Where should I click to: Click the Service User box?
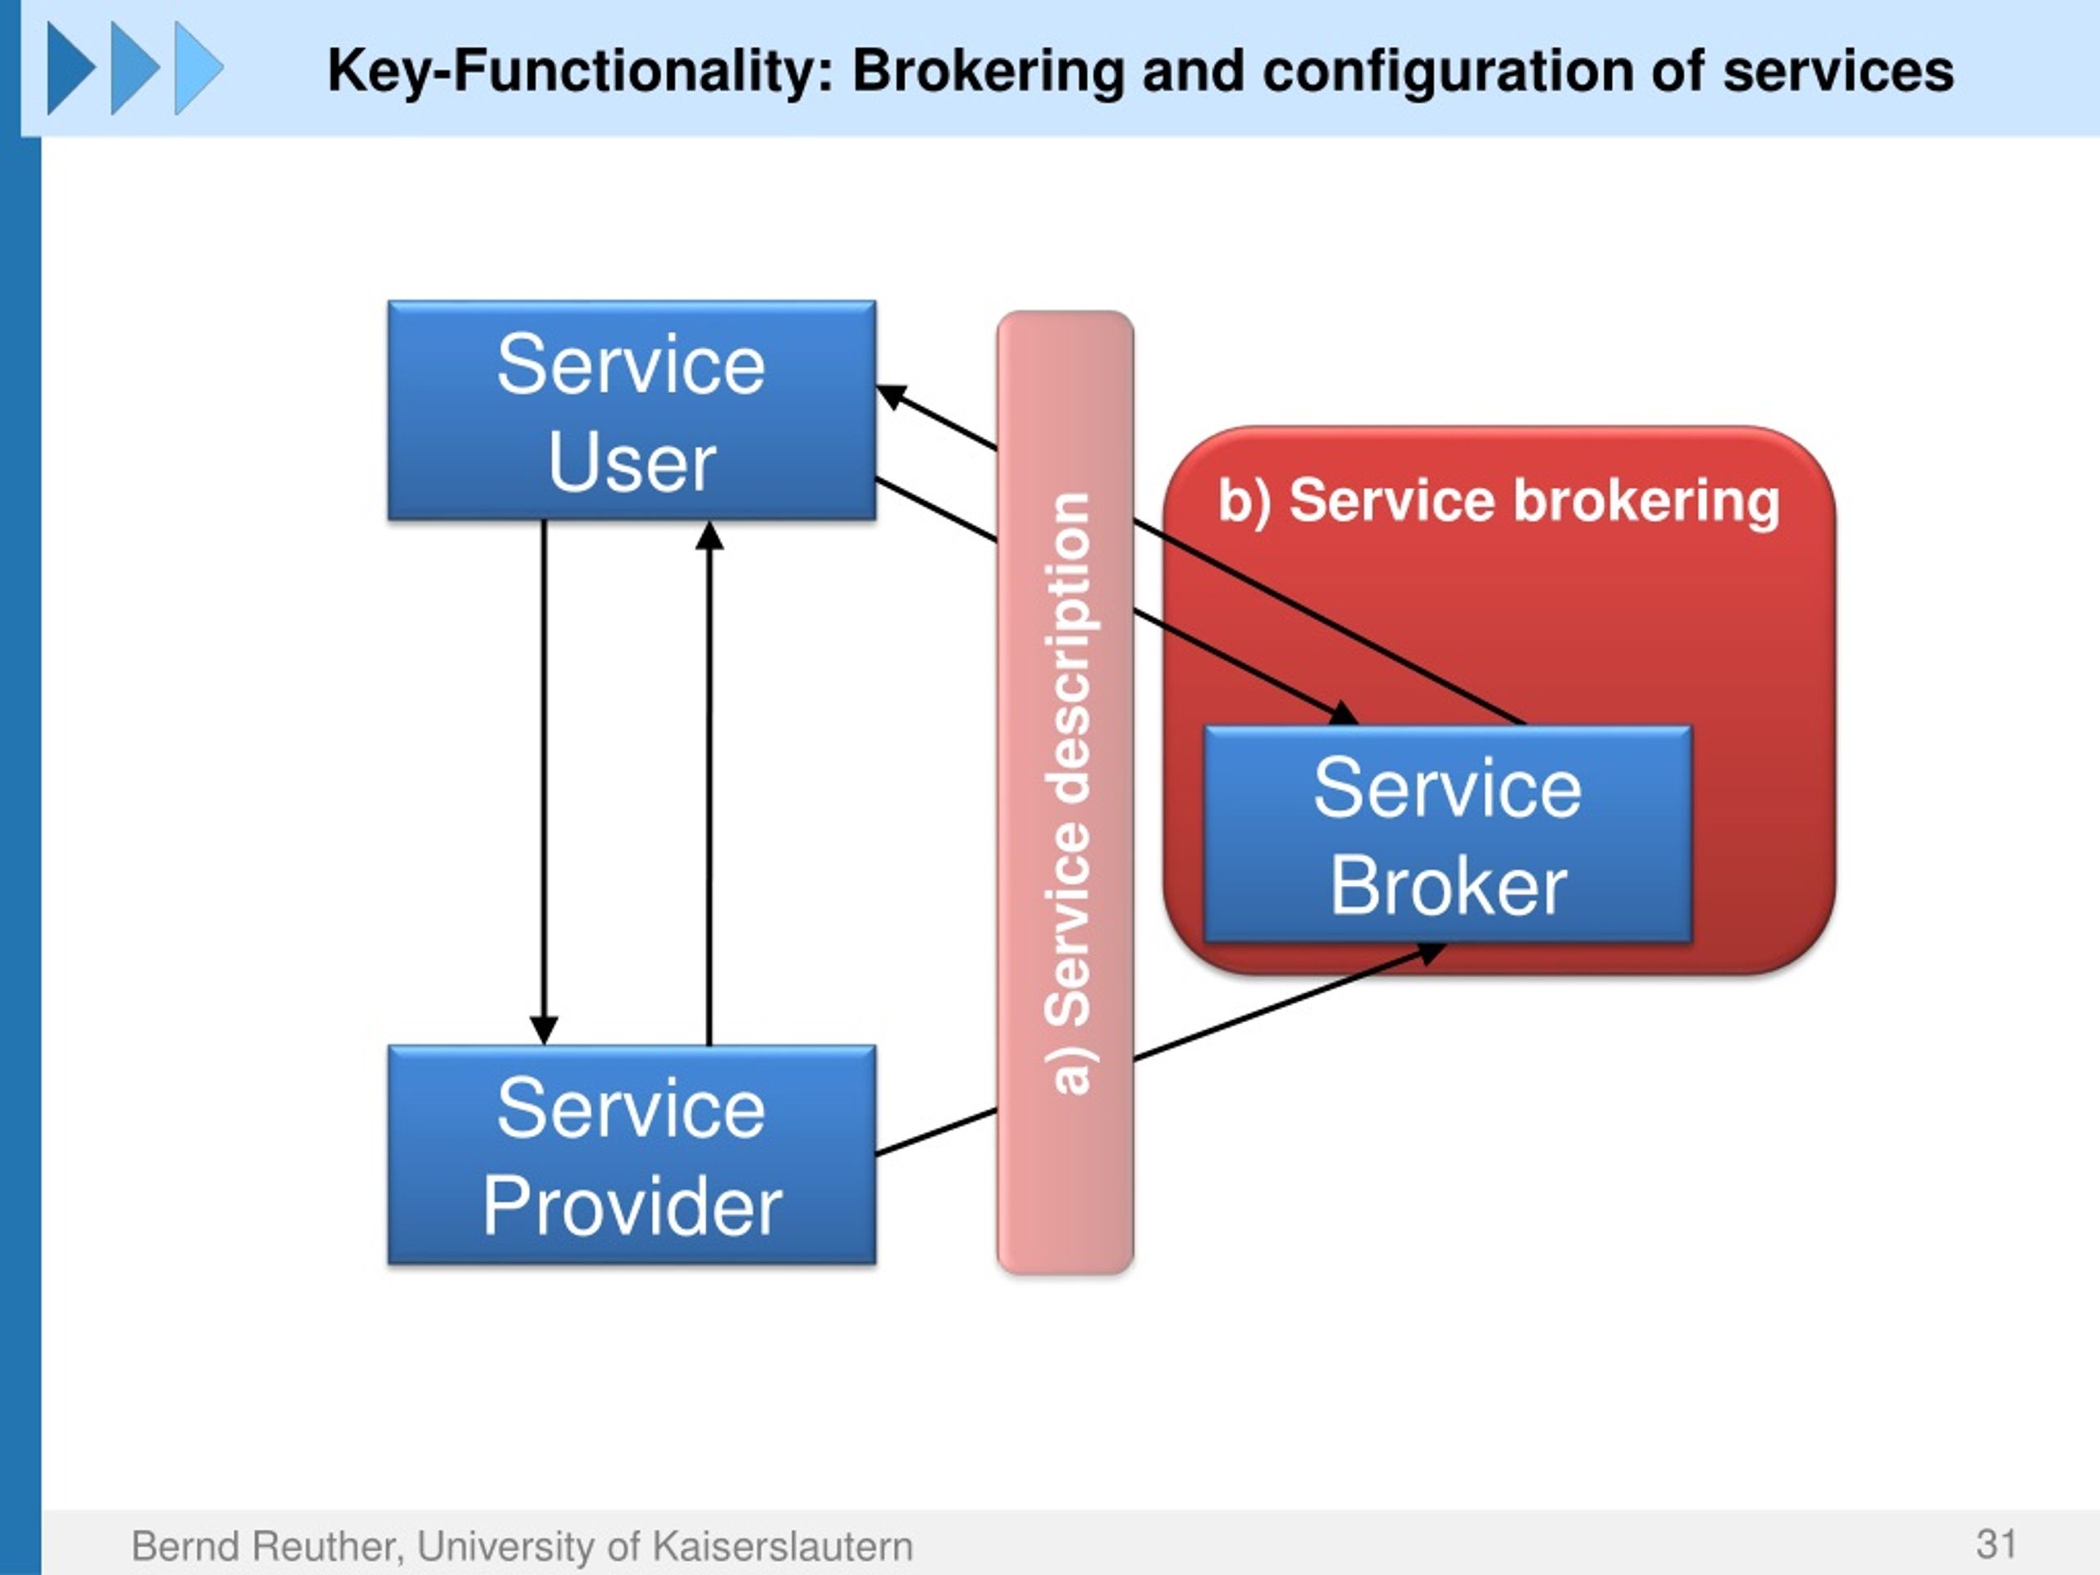(632, 410)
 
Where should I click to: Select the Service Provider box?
(632, 1154)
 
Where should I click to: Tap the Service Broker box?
(1448, 834)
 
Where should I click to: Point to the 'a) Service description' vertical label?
(1068, 792)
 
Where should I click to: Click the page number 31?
(1997, 1544)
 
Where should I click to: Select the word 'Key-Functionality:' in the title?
(580, 71)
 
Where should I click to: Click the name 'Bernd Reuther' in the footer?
(266, 1545)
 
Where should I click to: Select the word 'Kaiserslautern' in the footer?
(783, 1545)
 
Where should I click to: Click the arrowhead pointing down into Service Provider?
(544, 1030)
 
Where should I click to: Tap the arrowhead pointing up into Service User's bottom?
(710, 536)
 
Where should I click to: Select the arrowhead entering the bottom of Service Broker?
(1431, 952)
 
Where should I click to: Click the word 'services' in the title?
(1838, 71)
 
